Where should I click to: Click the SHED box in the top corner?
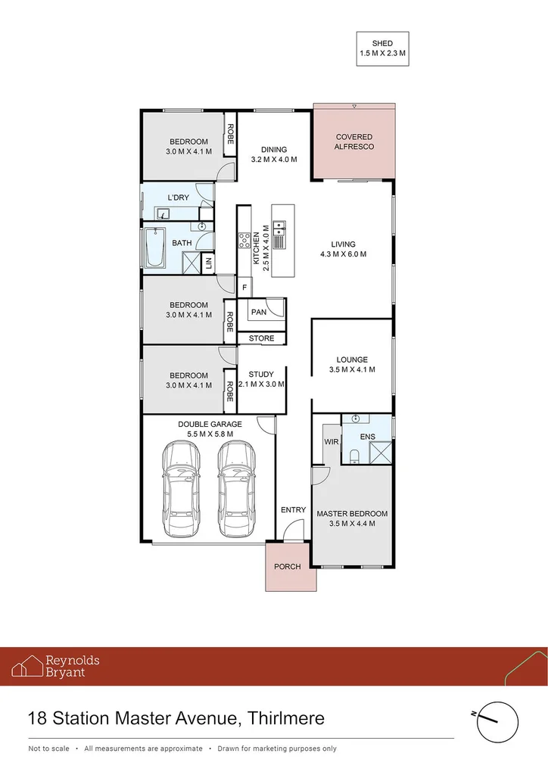click(x=382, y=49)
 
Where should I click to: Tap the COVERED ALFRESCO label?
click(x=355, y=142)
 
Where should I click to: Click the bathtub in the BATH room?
click(x=155, y=249)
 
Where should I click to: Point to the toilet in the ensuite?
click(x=354, y=454)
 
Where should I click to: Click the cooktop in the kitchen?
click(x=245, y=241)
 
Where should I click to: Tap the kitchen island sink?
click(x=279, y=225)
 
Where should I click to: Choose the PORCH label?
click(x=288, y=566)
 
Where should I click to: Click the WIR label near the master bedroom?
click(x=331, y=440)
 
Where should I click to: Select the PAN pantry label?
click(x=259, y=311)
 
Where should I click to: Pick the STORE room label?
click(x=261, y=339)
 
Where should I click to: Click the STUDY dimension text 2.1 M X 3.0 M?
click(x=261, y=384)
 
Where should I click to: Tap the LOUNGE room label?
click(x=352, y=359)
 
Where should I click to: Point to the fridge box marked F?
click(x=244, y=288)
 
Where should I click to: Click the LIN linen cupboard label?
click(x=208, y=263)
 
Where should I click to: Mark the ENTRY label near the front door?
click(x=293, y=510)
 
